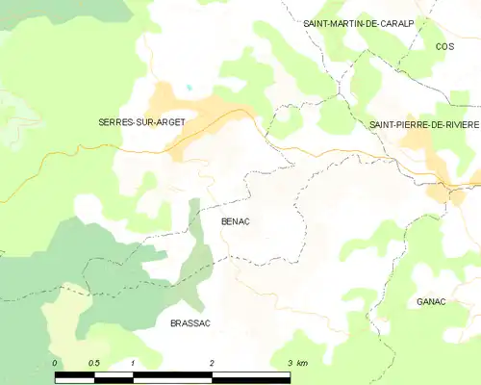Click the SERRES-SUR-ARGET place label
tap(141, 121)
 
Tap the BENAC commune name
tap(235, 221)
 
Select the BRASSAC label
tap(190, 323)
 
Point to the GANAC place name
tap(431, 301)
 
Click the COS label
tap(444, 46)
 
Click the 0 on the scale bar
tap(55, 363)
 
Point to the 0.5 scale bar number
tap(93, 363)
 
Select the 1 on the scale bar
tap(132, 363)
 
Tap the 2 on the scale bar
tap(211, 363)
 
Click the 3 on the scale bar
tap(289, 363)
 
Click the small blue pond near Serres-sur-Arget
tap(190, 88)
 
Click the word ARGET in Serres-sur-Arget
tap(167, 121)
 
